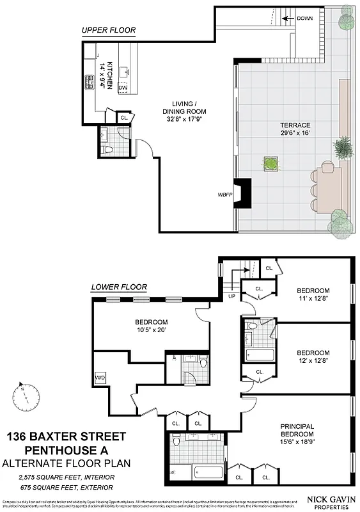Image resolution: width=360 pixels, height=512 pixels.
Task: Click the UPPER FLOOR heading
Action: click(108, 31)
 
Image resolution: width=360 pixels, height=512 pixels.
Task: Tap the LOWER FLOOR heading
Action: click(119, 287)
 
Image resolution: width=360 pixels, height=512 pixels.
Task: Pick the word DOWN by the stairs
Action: click(304, 19)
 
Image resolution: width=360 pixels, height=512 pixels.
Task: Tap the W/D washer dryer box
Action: click(100, 378)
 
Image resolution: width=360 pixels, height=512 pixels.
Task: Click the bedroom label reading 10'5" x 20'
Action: click(151, 326)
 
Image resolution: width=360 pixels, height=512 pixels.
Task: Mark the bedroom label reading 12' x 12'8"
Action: click(313, 356)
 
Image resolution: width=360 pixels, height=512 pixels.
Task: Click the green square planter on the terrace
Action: click(272, 164)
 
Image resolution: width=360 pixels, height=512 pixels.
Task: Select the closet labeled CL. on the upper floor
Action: click(124, 118)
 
